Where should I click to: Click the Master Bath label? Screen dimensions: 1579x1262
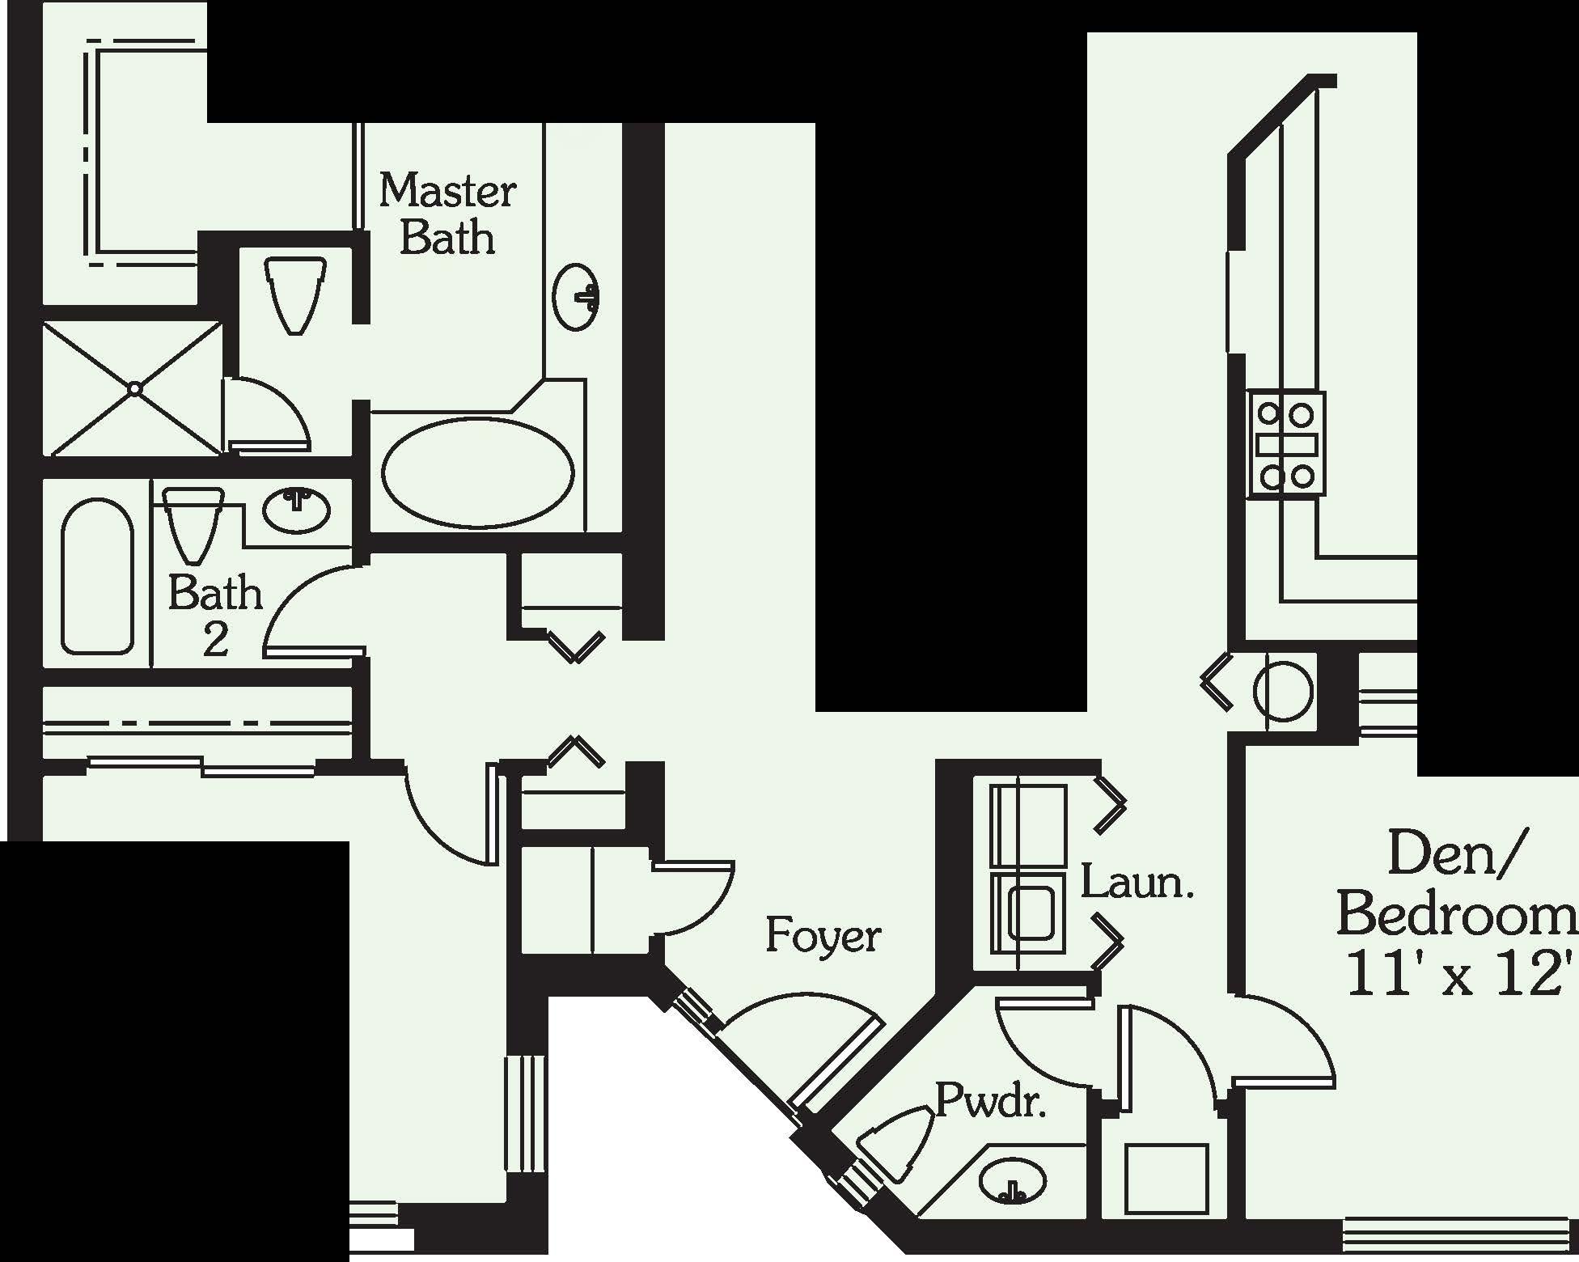pyautogui.click(x=447, y=214)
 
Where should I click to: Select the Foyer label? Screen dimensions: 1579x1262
pyautogui.click(x=823, y=936)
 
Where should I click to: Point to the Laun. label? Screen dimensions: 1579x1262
pyautogui.click(x=1137, y=883)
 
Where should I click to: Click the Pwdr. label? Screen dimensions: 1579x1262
pyautogui.click(x=990, y=1101)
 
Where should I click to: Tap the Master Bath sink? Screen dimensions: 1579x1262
pyautogui.click(x=577, y=297)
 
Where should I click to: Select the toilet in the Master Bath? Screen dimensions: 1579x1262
pyautogui.click(x=296, y=295)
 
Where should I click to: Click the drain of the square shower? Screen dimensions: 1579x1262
pyautogui.click(x=135, y=389)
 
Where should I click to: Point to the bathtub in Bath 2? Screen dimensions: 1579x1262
pyautogui.click(x=97, y=576)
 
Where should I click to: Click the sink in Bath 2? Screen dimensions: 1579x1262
pyautogui.click(x=297, y=509)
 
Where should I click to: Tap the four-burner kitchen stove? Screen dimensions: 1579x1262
pyautogui.click(x=1285, y=444)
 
